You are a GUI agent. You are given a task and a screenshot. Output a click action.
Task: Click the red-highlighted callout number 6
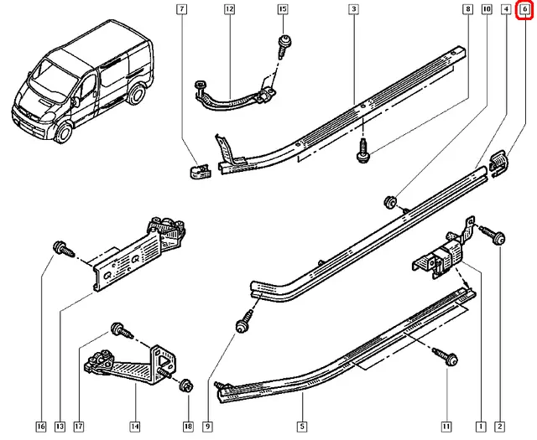point(526,10)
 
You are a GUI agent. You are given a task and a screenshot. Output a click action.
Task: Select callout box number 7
point(182,10)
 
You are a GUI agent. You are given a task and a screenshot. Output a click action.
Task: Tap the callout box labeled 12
point(229,10)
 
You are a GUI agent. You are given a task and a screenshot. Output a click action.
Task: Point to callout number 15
point(282,10)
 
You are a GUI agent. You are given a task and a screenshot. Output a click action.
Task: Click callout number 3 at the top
point(355,10)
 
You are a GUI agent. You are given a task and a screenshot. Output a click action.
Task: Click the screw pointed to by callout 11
point(449,359)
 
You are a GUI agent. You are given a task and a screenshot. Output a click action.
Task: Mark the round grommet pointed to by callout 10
point(390,201)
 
